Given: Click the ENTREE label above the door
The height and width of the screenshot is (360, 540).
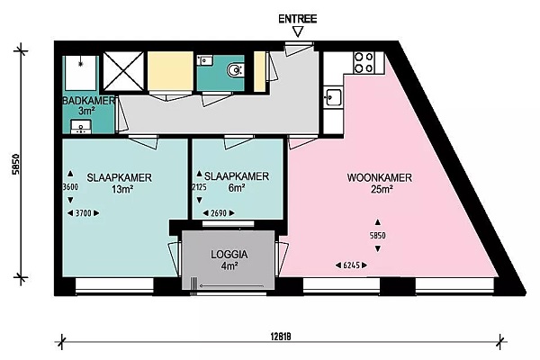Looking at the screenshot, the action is point(298,19).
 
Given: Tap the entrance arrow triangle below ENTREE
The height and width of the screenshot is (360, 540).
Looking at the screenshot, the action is point(298,32).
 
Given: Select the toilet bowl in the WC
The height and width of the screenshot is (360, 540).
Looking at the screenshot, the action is point(235,70).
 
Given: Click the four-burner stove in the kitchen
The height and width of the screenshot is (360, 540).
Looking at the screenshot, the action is point(364,62).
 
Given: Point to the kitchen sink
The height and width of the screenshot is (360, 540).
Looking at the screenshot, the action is point(333,97).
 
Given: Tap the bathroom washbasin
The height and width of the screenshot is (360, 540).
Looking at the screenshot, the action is point(81,126).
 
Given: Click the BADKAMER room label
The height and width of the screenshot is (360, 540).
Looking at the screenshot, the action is point(88,101).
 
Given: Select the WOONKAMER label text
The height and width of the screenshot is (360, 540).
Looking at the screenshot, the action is point(379,178).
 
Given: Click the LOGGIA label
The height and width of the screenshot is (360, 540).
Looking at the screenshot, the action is point(229,255).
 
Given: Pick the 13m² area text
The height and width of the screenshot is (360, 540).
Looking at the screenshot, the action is point(122,189).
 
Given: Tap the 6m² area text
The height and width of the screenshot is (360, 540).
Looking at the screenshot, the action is point(237,188).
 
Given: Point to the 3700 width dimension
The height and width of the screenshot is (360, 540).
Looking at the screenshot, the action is point(84,213).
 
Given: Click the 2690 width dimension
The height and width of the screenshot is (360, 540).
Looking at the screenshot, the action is point(219,213).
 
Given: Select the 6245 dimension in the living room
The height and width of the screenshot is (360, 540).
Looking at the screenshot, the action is point(351,265).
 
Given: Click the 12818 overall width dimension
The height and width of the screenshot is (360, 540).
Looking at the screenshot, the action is point(281,337).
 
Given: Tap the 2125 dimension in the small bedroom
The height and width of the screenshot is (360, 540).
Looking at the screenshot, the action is point(200,187).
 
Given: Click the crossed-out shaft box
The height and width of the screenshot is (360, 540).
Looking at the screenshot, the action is point(123,71).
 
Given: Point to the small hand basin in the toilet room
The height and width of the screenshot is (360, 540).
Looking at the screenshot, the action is point(205,60).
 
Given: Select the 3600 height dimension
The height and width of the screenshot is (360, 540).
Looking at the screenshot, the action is point(70,187).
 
